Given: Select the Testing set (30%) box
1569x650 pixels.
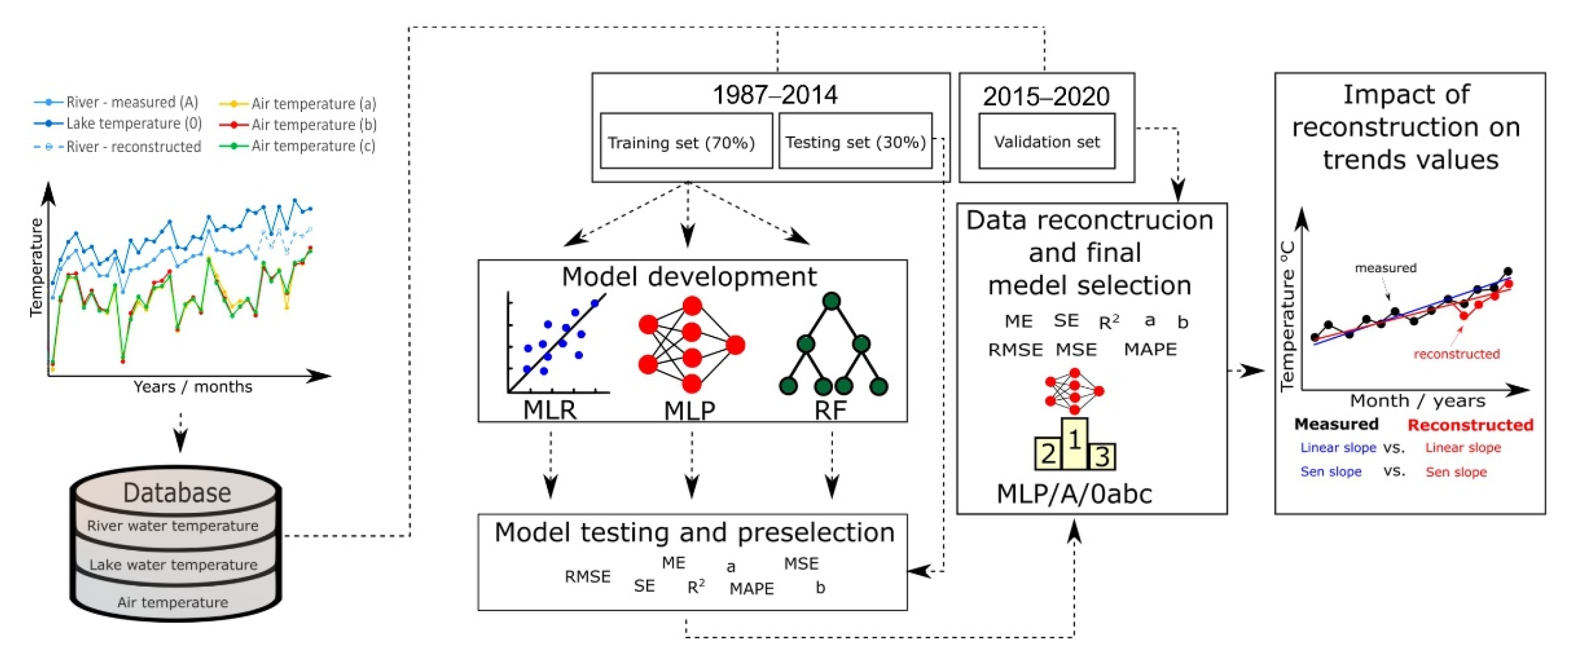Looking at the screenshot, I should coord(855,142).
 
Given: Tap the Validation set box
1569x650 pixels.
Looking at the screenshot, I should coord(1046,142).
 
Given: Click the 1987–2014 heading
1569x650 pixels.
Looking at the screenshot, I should coord(775,95).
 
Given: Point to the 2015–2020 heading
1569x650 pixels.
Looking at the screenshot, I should coord(1046,96).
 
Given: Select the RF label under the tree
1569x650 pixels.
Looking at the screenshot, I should coord(831,410).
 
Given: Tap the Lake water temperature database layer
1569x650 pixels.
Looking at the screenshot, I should coord(174,565).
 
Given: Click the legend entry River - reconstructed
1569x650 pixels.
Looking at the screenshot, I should coord(133,147).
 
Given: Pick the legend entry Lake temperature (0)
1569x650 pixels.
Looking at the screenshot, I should coord(133,123).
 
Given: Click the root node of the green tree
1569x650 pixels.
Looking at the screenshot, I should coord(831,301).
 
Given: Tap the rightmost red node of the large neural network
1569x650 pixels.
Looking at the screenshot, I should coord(736,345).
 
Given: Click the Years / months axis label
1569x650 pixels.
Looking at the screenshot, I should coord(193,386).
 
